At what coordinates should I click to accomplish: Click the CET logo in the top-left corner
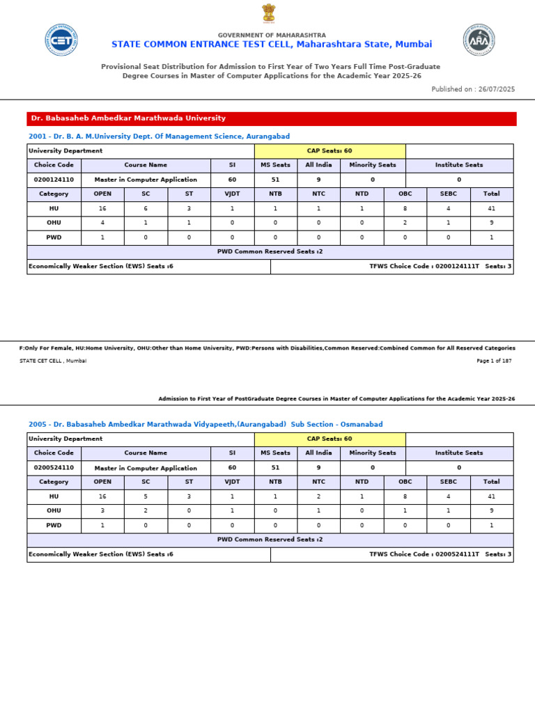click(61, 40)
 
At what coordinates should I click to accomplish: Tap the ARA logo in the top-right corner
click(479, 40)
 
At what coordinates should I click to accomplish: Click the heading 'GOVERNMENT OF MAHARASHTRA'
click(272, 35)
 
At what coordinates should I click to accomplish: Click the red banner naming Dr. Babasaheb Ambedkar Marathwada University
click(272, 118)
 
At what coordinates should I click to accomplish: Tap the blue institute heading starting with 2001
click(159, 136)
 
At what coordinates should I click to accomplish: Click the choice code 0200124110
click(54, 180)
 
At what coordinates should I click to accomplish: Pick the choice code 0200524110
click(54, 468)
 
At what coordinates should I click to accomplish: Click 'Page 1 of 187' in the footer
click(494, 361)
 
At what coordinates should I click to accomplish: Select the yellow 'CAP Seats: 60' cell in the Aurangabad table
click(329, 151)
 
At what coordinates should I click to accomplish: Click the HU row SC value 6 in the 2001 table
click(146, 208)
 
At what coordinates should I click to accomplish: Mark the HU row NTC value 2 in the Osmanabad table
click(318, 496)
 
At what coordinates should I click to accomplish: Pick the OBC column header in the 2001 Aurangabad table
click(405, 194)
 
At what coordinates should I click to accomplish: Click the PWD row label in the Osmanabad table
click(54, 526)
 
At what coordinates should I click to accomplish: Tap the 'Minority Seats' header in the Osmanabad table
click(372, 453)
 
